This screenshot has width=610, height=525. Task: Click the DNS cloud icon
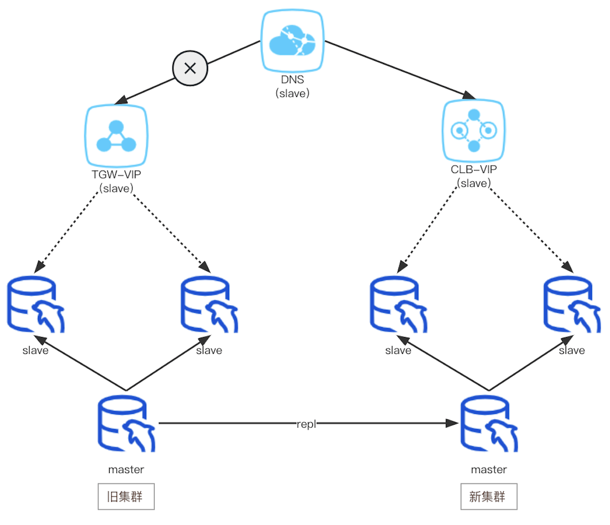(292, 42)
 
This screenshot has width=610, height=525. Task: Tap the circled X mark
(190, 68)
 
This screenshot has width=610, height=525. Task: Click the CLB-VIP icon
(474, 131)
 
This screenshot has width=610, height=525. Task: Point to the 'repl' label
(306, 424)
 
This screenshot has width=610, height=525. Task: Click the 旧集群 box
(126, 496)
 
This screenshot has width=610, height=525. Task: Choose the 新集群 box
(488, 496)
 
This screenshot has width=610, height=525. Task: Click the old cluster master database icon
(127, 424)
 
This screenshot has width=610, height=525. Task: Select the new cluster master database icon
(489, 424)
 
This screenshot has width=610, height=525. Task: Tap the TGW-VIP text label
(116, 175)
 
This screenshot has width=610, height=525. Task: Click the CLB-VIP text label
(474, 170)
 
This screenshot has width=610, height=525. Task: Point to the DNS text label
(292, 80)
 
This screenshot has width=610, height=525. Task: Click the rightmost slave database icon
(572, 305)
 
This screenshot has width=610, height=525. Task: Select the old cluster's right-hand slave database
(209, 305)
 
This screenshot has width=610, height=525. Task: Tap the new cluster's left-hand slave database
(398, 305)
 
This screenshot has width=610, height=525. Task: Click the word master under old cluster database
(126, 470)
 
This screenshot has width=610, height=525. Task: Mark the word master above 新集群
(488, 470)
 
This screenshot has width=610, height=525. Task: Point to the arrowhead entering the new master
(452, 423)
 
